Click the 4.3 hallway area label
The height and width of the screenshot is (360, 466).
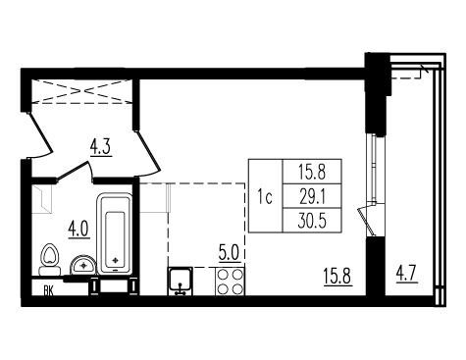coord(101,147)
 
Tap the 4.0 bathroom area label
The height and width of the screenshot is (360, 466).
coord(78,230)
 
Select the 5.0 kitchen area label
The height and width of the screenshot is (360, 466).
coord(230,253)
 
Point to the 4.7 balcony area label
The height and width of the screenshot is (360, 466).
coord(407,275)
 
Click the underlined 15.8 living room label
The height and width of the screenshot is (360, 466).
coord(337,277)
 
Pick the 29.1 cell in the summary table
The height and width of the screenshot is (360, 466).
coord(312,197)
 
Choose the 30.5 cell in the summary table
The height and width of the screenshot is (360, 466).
coord(312,221)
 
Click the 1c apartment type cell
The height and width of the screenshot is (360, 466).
coord(265,197)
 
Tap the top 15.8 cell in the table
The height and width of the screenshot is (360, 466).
coord(312,173)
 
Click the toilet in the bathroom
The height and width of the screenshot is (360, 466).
coord(50,260)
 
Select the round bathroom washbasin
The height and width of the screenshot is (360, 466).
coord(83,265)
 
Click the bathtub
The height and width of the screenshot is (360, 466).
coord(115,234)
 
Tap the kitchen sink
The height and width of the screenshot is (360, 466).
coord(181,281)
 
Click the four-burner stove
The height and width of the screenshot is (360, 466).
coord(230,282)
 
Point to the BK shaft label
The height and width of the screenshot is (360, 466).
coord(49,290)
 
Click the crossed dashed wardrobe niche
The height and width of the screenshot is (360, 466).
coord(81,91)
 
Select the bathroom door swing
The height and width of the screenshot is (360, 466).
coord(75,171)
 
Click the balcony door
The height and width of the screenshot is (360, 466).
coord(367,220)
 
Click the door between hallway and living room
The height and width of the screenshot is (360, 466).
coord(147,153)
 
